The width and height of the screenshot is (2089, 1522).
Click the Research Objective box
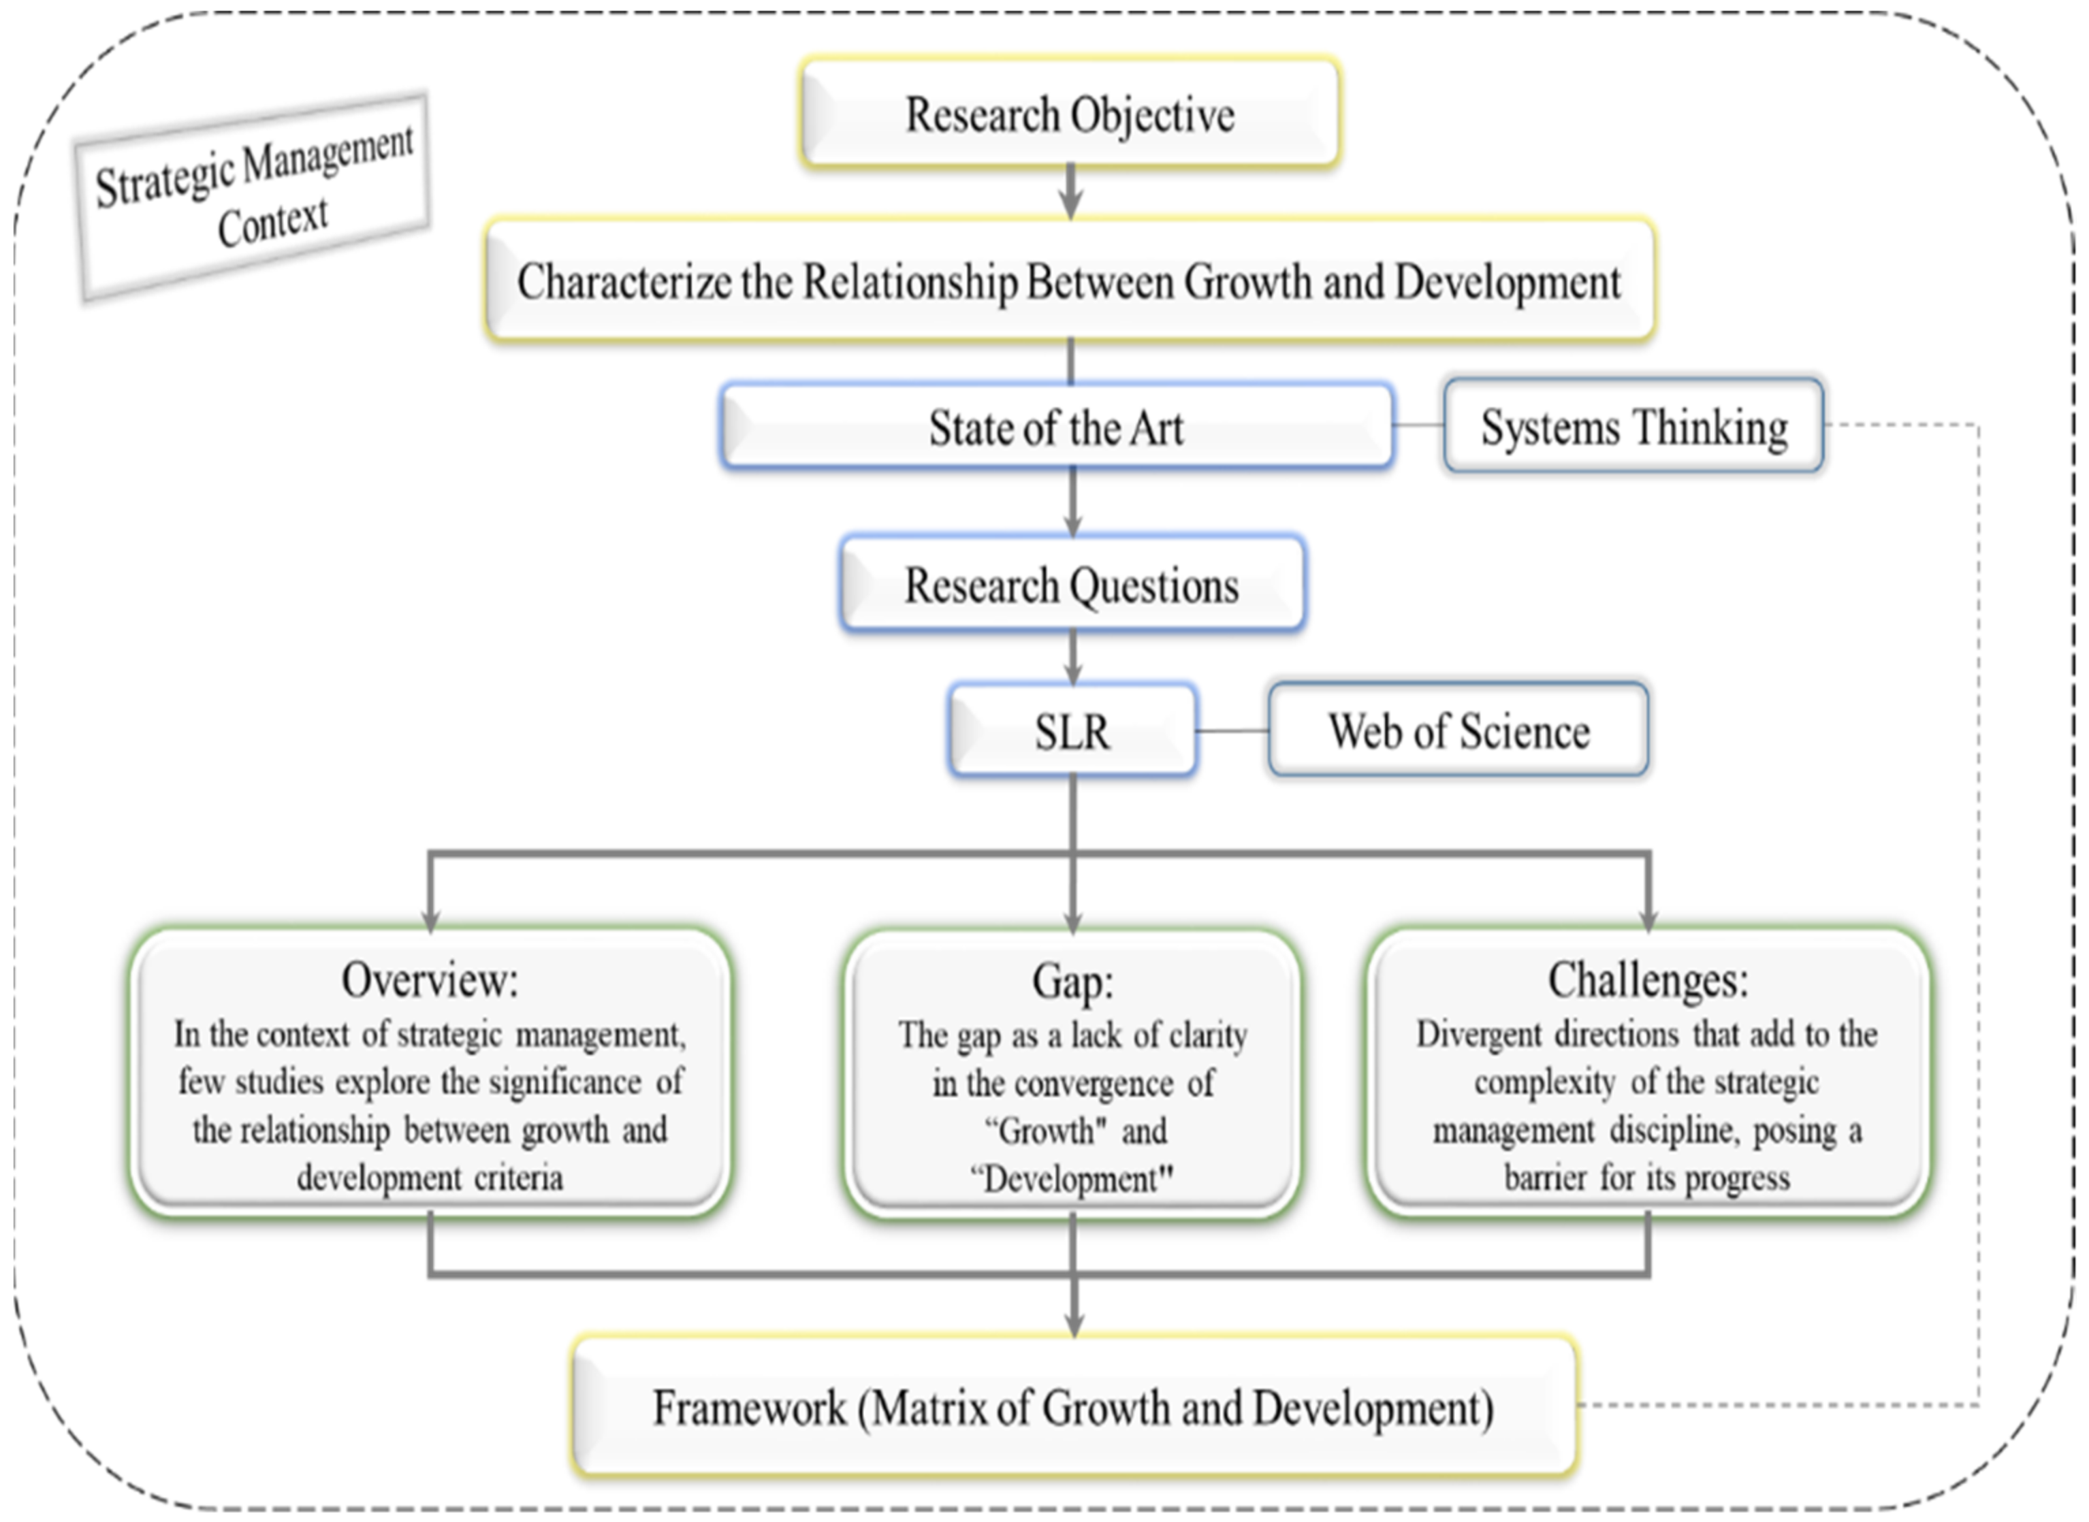click(1070, 113)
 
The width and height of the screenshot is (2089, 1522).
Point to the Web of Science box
click(1458, 730)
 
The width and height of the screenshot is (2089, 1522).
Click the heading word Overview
click(430, 979)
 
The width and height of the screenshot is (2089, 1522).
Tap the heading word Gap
click(1072, 980)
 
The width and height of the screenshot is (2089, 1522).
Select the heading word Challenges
click(1648, 979)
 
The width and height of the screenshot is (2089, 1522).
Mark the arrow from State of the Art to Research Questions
click(1072, 502)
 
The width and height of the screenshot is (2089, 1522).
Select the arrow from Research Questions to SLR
click(1072, 658)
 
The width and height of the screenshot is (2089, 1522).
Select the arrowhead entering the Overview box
click(430, 920)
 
